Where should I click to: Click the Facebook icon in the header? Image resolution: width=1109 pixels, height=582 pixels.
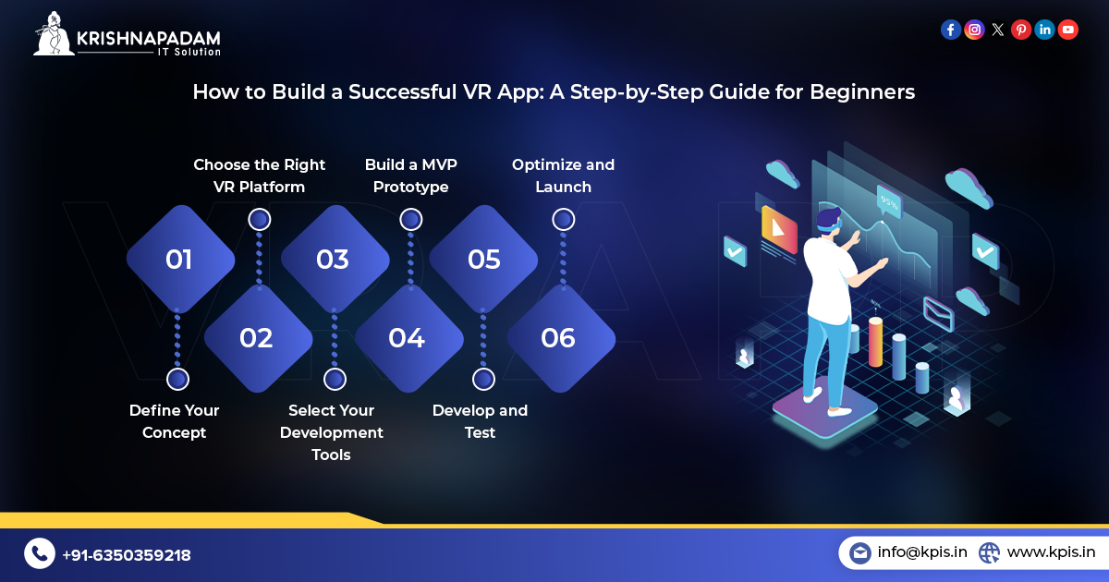[950, 30]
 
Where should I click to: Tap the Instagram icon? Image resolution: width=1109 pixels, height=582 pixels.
[974, 30]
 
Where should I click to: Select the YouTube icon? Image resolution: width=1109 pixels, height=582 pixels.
[1068, 30]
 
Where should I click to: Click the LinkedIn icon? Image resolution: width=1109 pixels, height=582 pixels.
[1044, 30]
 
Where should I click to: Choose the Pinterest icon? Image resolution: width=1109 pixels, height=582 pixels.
[1021, 30]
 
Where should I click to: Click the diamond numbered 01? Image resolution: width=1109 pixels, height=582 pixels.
[179, 260]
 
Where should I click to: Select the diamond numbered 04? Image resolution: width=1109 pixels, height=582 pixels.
[407, 338]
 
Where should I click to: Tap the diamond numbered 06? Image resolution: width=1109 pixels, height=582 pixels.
[558, 338]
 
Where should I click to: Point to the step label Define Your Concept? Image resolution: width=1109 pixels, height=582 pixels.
[174, 421]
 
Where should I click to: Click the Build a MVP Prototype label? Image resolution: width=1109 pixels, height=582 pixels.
[410, 176]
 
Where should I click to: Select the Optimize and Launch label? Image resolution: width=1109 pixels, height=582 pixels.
[563, 176]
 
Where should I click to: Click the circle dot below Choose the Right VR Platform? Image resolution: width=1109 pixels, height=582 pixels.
[260, 219]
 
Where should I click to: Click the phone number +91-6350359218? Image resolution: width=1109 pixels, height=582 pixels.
[126, 555]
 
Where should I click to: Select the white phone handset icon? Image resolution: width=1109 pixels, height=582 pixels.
[39, 553]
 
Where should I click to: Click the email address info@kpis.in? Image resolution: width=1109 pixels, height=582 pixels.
[921, 552]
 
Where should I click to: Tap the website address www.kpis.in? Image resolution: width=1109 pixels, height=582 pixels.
[1051, 552]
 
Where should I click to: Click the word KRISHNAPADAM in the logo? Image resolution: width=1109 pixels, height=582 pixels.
[149, 38]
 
